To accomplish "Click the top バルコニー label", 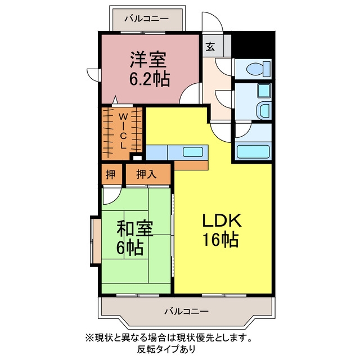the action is pos(146,19).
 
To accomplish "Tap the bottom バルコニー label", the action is pos(187,312).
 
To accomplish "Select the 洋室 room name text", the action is pos(148,60).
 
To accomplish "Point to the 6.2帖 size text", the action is pos(150,79).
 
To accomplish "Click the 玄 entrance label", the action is pos(210,47).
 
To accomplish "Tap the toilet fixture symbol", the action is pos(259,69).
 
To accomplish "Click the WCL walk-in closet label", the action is pos(123,131).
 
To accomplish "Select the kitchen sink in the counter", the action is pos(192,152).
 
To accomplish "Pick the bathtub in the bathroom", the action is pos(253,152).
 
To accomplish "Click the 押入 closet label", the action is pos(146,174).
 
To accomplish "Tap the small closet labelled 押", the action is pos(111,174).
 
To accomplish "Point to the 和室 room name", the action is pos(135,228).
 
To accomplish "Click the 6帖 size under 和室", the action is pos(130,247).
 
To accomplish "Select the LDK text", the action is pos(222,220).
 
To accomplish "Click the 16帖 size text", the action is pos(220,240).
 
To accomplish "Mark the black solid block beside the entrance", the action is pos(253,44).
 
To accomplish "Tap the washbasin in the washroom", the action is pos(263,110).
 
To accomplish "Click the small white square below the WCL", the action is pos(137,158).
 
